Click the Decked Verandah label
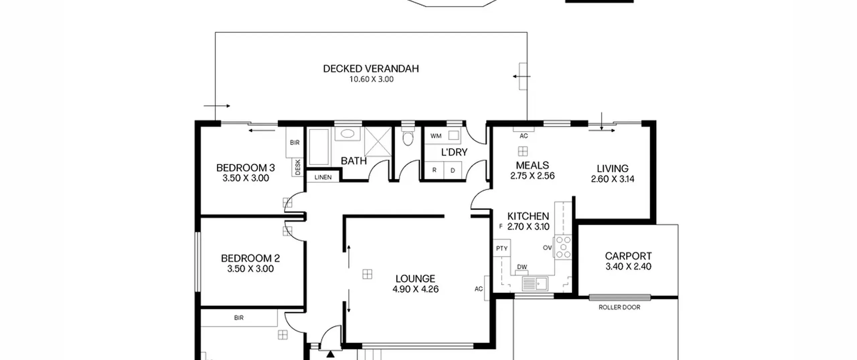click(371, 69)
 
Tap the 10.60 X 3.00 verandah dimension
click(372, 79)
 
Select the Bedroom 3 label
click(246, 167)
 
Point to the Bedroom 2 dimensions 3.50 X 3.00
click(250, 269)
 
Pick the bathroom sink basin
click(347, 134)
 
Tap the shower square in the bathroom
click(378, 141)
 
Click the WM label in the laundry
click(436, 136)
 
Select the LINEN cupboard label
click(323, 177)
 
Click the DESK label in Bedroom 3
click(298, 167)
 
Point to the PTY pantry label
click(502, 248)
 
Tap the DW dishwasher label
click(522, 267)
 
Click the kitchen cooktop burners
click(563, 247)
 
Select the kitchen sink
click(535, 284)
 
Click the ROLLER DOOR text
click(619, 307)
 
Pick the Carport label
click(628, 256)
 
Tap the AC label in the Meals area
click(524, 136)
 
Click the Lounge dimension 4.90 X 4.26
click(415, 289)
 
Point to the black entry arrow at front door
click(330, 354)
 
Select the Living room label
click(613, 168)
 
